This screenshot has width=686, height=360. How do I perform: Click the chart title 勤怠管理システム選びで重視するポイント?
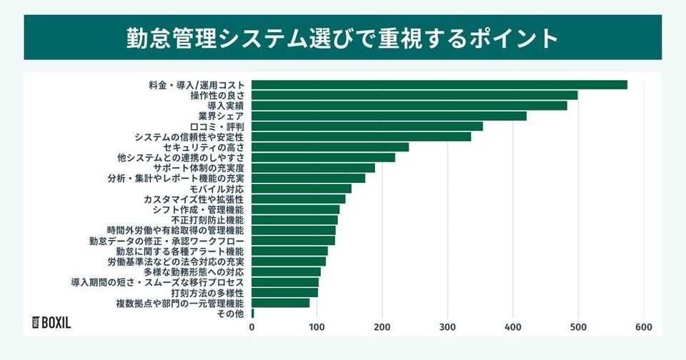click(343, 37)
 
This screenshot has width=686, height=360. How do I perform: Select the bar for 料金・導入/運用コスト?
click(439, 85)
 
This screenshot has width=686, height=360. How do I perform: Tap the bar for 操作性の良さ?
click(414, 95)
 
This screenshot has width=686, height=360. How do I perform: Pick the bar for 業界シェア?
click(389, 116)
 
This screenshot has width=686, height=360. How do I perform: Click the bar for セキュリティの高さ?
click(330, 147)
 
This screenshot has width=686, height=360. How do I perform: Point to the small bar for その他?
click(253, 313)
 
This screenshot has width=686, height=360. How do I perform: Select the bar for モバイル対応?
click(302, 189)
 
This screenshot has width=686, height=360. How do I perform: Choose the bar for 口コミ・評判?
click(367, 126)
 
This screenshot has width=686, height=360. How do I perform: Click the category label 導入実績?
click(221, 106)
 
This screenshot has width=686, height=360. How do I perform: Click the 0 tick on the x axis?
click(252, 327)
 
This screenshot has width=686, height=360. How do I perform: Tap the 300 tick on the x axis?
click(447, 327)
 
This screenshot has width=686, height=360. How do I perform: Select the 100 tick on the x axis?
click(317, 327)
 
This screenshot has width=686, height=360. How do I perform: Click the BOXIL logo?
click(52, 322)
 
